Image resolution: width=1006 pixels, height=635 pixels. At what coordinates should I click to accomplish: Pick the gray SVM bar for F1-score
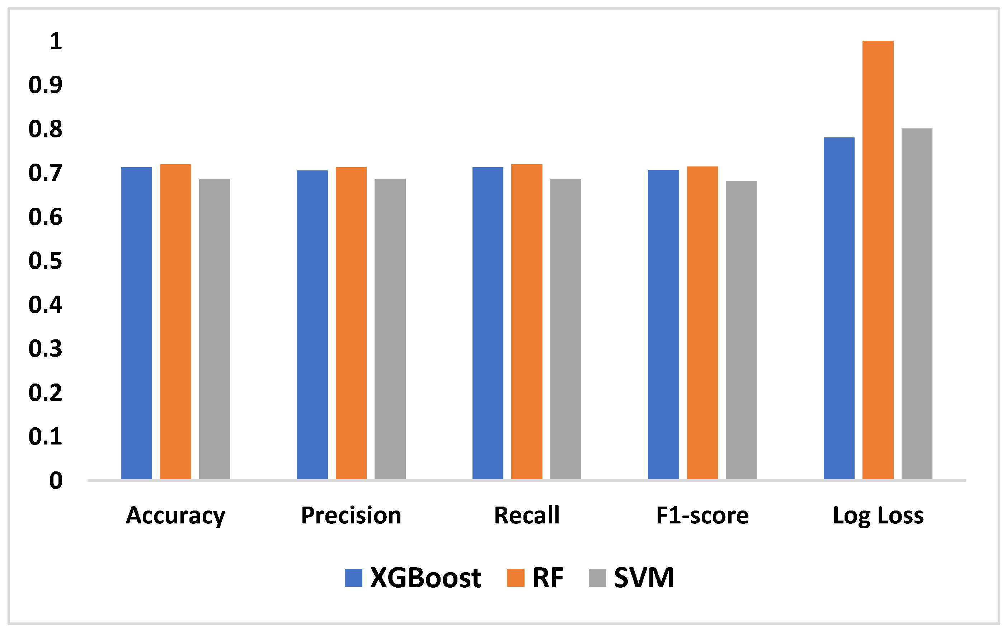[x=741, y=330]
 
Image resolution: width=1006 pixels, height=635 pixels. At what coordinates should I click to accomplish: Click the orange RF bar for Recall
[x=526, y=322]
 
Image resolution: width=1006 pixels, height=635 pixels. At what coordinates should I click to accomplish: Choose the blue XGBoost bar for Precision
[x=312, y=325]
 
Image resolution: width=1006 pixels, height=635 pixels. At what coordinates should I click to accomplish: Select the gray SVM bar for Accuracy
[x=214, y=329]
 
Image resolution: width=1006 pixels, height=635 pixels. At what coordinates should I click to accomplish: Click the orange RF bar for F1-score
[x=702, y=323]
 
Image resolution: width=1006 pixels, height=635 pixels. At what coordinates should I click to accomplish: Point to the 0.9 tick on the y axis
[x=45, y=85]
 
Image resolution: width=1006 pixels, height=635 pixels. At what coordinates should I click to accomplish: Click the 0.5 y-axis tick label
[x=45, y=261]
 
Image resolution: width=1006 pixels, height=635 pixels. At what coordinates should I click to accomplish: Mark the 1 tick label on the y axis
[x=56, y=41]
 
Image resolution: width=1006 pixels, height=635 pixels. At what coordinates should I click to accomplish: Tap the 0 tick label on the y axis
[x=56, y=480]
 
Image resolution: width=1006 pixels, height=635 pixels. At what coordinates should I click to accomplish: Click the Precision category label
[x=351, y=515]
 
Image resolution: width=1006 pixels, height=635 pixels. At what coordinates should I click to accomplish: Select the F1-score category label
[x=702, y=515]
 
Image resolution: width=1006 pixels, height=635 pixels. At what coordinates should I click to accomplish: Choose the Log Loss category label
[x=878, y=515]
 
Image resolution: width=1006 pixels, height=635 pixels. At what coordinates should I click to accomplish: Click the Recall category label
[x=526, y=515]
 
